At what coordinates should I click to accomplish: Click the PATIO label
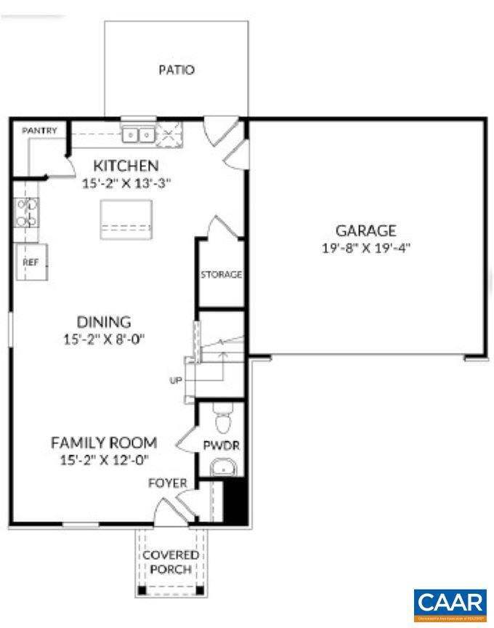click(177, 71)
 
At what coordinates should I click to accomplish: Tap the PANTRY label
click(39, 130)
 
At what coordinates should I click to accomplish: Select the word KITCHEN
click(126, 166)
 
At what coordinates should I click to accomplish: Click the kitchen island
click(128, 220)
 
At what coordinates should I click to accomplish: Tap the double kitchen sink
click(138, 134)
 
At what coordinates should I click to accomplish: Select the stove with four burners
click(27, 212)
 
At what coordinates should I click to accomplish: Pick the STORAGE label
click(221, 275)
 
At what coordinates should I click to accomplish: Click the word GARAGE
click(365, 231)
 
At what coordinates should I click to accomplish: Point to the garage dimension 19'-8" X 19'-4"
click(365, 248)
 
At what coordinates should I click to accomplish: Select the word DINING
click(104, 321)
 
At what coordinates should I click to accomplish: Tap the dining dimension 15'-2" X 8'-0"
click(104, 338)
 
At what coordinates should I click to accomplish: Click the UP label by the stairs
click(175, 379)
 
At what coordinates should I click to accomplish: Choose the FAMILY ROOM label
click(104, 442)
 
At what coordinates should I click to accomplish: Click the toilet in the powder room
click(224, 420)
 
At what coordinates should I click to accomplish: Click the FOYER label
click(168, 483)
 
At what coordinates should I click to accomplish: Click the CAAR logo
click(450, 604)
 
